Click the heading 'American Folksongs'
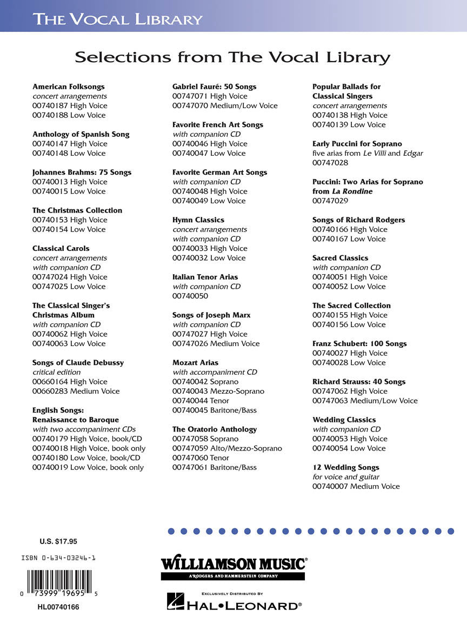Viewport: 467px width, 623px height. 69,87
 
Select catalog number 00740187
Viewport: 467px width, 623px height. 50,105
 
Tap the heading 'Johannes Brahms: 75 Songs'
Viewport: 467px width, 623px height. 82,172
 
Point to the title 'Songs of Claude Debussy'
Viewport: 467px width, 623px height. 78,362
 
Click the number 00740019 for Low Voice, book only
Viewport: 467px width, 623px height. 50,467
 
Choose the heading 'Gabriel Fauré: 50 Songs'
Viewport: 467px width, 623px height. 215,87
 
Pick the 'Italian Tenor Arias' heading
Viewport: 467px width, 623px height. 205,277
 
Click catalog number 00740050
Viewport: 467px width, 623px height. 190,296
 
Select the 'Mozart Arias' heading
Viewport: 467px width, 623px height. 196,362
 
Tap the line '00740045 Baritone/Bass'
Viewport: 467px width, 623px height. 215,410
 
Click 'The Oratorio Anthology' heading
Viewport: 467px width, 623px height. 215,429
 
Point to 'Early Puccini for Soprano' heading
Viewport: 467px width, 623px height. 357,144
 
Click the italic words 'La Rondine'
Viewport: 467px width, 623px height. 352,191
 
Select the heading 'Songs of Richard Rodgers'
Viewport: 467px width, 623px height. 358,220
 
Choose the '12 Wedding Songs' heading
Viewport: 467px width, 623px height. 346,467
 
